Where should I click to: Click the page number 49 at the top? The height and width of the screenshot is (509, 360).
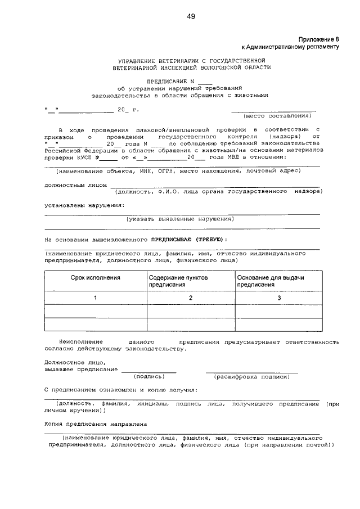pos(191,16)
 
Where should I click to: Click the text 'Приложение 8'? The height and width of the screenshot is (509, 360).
pos(319,40)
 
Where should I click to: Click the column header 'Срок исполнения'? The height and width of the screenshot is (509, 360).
pos(95,278)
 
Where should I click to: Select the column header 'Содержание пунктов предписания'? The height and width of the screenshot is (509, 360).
pos(178,281)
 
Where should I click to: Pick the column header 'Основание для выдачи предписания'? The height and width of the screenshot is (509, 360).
pos(271,281)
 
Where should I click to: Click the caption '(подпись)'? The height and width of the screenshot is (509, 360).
pos(148,376)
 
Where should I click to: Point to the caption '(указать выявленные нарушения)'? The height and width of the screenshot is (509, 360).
pos(180,219)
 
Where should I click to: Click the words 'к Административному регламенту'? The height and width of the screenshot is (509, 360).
pos(290,47)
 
